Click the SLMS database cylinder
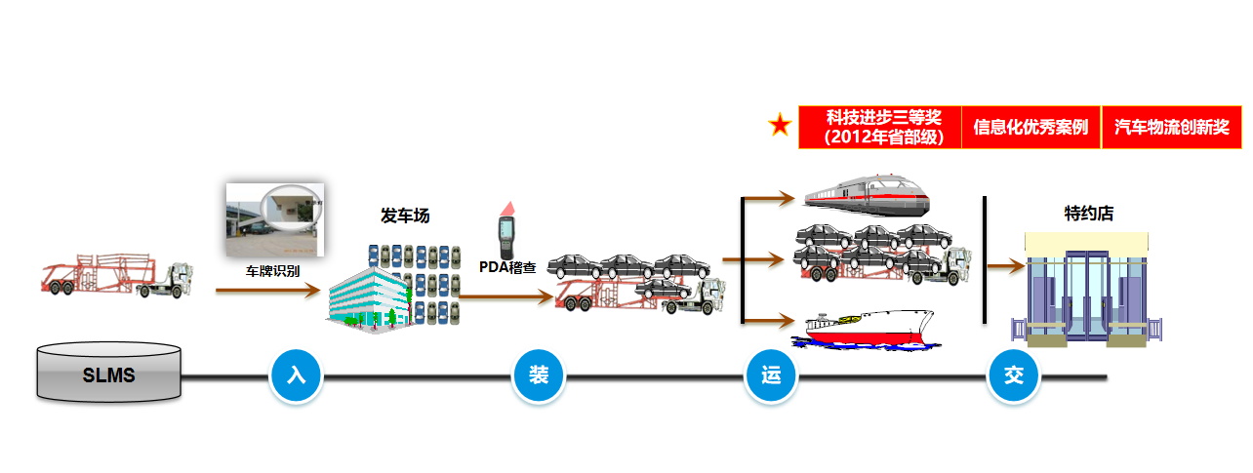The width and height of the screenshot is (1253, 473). coord(109,373)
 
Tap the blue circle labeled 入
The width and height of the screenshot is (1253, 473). coord(296,375)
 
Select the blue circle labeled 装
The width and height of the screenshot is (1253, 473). coord(539,375)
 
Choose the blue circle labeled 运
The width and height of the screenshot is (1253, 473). coord(771,375)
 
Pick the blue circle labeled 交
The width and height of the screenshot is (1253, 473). coord(1014,375)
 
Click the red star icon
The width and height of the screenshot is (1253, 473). coord(780,125)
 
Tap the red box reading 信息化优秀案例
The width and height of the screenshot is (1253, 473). coord(1031,127)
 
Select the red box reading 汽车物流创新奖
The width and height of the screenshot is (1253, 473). coord(1171,127)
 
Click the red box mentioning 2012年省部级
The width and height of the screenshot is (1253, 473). coord(880,127)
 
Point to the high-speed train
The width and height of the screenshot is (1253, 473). coord(867,196)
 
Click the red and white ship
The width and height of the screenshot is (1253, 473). coord(866,330)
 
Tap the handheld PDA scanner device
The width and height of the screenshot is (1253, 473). coord(506,230)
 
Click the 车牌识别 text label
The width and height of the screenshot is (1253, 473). coord(273,271)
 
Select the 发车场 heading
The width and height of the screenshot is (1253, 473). coord(405,216)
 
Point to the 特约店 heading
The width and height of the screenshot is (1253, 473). coord(1088,213)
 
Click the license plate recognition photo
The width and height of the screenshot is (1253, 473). coord(274,219)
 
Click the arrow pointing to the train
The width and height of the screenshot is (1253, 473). coord(770,198)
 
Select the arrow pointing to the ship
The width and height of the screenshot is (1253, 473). coord(770,321)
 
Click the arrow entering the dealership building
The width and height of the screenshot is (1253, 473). coord(1006,265)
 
